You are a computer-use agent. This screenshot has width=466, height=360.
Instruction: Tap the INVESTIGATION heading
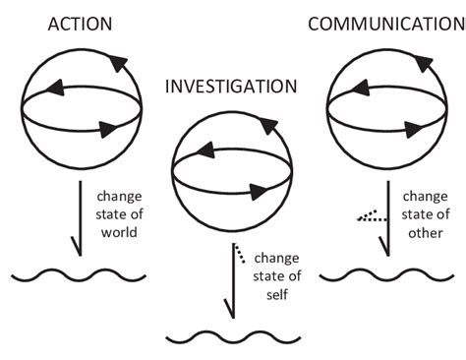coord(230,87)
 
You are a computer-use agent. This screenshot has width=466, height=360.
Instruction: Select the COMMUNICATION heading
coord(385,23)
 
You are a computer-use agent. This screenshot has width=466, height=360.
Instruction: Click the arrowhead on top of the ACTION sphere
coord(115,64)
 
